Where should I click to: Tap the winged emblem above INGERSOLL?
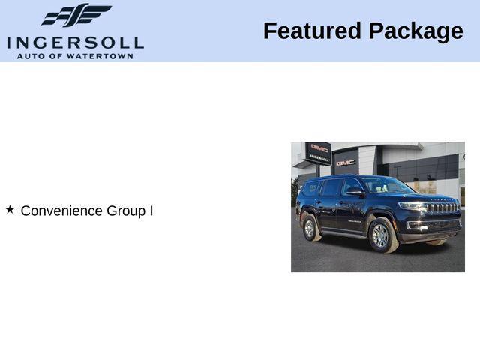(76, 15)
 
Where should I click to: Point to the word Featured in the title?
(311, 31)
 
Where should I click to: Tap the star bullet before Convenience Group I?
(10, 210)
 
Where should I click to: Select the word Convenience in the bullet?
(61, 211)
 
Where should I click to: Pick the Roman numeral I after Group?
(151, 211)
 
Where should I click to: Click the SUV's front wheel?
(381, 235)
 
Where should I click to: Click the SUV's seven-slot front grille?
(442, 208)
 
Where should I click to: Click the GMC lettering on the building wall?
(346, 162)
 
